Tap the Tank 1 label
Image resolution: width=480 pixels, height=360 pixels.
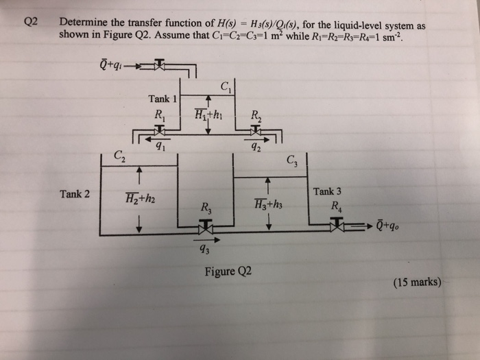(163, 99)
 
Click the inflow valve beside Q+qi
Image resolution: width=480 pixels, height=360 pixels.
(159, 65)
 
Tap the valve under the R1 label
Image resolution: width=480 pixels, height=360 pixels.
(160, 130)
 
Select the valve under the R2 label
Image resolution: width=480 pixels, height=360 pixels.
(255, 130)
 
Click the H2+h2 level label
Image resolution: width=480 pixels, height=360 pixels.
(140, 200)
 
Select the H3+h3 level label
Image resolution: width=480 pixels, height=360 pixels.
(267, 203)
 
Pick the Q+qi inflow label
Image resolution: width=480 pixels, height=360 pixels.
(110, 67)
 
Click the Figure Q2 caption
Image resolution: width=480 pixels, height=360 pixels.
(228, 271)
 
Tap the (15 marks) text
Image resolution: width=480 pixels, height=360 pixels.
(418, 281)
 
